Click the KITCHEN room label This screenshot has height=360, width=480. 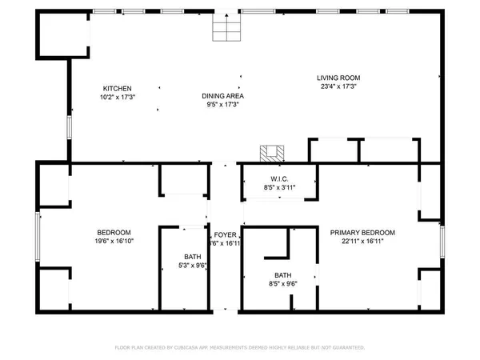(117, 88)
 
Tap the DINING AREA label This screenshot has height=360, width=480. (221, 95)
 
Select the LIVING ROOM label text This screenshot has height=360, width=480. (334, 78)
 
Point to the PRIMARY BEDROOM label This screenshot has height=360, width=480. (363, 232)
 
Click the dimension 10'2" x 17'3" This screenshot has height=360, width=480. (117, 97)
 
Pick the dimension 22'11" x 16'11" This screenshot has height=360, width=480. (363, 241)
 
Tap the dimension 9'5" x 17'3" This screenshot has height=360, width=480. (221, 104)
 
